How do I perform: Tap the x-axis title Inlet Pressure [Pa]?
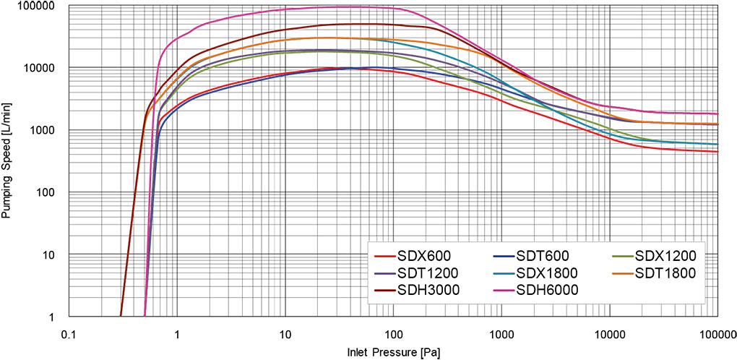tap(394, 352)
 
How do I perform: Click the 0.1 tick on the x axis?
tap(69, 335)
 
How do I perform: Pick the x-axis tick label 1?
tap(177, 335)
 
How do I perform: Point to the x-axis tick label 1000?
tap(501, 335)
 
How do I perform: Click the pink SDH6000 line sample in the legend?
tap(498, 291)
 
